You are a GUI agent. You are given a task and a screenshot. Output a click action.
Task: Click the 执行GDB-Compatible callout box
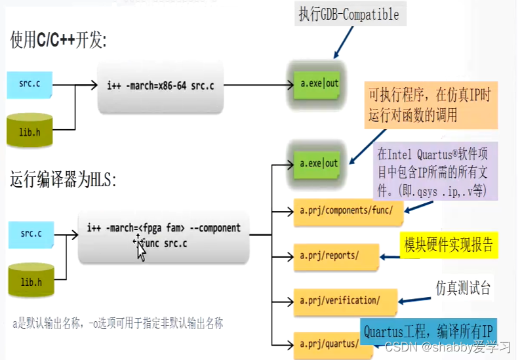349,14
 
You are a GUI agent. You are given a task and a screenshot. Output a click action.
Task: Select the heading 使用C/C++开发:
58,40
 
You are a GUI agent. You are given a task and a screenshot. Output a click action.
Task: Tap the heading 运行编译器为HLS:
63,179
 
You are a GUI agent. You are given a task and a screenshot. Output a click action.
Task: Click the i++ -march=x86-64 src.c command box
161,86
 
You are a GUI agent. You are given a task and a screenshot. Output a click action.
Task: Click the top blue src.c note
29,85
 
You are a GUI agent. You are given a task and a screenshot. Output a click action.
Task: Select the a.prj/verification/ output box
340,301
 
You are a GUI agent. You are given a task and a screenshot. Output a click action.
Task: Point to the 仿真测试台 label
463,288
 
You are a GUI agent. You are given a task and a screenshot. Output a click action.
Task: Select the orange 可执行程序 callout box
430,106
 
